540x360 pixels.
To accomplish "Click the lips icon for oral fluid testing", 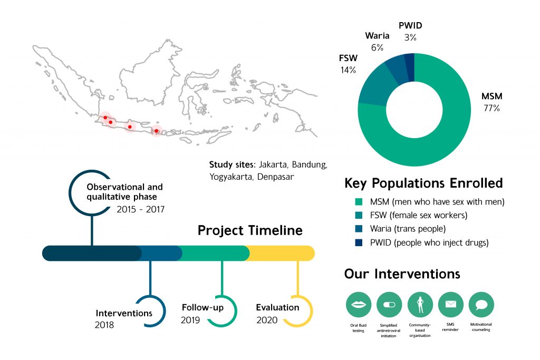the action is coord(359,305).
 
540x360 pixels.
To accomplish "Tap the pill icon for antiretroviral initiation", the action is coord(389,305).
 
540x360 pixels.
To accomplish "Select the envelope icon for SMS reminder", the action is coord(451,305).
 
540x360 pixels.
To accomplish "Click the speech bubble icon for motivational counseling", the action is coord(481,305).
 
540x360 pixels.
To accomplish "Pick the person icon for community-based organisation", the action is coord(420,305).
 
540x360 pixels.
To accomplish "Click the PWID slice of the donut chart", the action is coord(409,67).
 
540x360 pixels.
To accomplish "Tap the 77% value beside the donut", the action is coord(491,108).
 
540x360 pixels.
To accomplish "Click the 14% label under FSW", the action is coord(348,70).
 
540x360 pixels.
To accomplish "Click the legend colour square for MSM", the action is coord(359,202).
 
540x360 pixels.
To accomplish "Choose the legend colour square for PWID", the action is coord(359,242).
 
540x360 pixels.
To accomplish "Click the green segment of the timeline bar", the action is coord(214,254).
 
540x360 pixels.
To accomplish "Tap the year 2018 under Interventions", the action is coord(104,325).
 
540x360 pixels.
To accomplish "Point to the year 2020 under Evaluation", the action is coord(267,320).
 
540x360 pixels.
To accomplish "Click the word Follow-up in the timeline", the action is coord(202,307).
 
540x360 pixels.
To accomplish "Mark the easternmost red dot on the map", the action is coord(156,131).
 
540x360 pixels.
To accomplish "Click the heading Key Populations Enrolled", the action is coord(423,183).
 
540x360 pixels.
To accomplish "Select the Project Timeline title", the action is coord(250,230).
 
